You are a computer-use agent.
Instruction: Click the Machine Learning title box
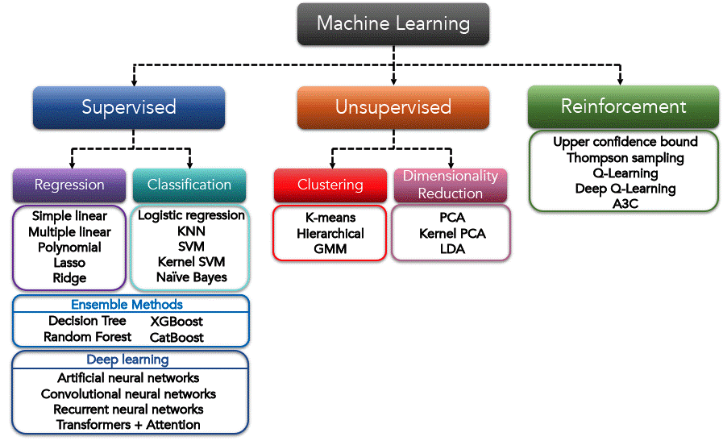pyautogui.click(x=393, y=23)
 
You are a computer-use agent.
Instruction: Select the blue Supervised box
pyautogui.click(x=129, y=106)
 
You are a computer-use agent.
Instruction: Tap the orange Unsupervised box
pyautogui.click(x=393, y=107)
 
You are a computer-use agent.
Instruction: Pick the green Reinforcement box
pyautogui.click(x=623, y=106)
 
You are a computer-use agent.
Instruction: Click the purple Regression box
pyautogui.click(x=69, y=185)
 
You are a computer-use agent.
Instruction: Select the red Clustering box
pyautogui.click(x=330, y=185)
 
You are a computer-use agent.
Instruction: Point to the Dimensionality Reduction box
pyautogui.click(x=451, y=185)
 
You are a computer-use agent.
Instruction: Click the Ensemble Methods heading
pyautogui.click(x=127, y=305)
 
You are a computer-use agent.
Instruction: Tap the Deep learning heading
pyautogui.click(x=127, y=360)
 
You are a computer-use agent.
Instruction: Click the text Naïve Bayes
pyautogui.click(x=192, y=277)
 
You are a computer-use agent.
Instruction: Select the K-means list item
pyautogui.click(x=330, y=218)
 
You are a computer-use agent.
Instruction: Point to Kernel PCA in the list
pyautogui.click(x=452, y=234)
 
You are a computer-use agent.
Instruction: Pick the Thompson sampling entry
pyautogui.click(x=625, y=157)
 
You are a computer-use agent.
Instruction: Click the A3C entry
pyautogui.click(x=625, y=203)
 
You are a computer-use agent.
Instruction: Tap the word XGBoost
pyautogui.click(x=177, y=321)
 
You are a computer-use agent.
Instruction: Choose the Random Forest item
pyautogui.click(x=87, y=337)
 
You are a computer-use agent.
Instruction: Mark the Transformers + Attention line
pyautogui.click(x=129, y=425)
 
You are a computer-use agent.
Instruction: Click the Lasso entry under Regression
pyautogui.click(x=69, y=263)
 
